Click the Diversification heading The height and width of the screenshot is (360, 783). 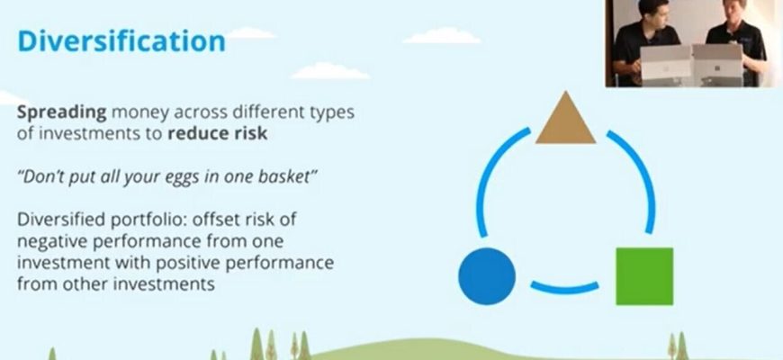[x=121, y=40]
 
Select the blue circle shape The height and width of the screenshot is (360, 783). [x=487, y=276]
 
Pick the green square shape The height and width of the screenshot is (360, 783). [x=644, y=276]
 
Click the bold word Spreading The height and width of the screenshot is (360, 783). [x=62, y=112]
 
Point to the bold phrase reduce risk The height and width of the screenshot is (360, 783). [x=218, y=134]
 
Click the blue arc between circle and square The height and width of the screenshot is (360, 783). [x=564, y=288]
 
